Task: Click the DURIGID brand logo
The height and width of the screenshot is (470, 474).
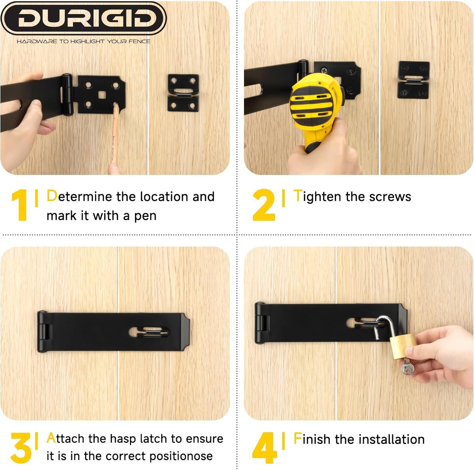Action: pyautogui.click(x=83, y=18)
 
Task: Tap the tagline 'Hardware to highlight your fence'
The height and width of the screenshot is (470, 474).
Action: pyautogui.click(x=83, y=41)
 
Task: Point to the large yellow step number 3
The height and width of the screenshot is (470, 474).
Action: pyautogui.click(x=21, y=448)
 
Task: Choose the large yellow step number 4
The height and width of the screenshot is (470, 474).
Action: pyautogui.click(x=265, y=448)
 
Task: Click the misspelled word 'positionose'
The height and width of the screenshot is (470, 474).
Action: pyautogui.click(x=181, y=456)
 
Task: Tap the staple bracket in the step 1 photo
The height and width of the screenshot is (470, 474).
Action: pyautogui.click(x=183, y=93)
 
